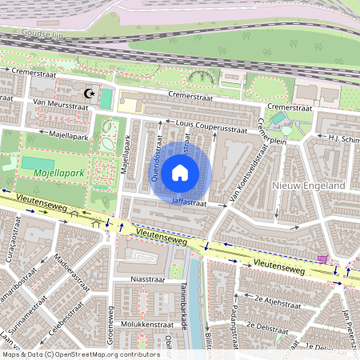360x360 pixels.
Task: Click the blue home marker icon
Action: (x=180, y=172)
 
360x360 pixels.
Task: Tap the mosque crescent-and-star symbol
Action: (x=90, y=94)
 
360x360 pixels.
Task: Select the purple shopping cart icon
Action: (x=323, y=258)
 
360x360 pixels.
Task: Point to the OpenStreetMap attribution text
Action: (x=80, y=354)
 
